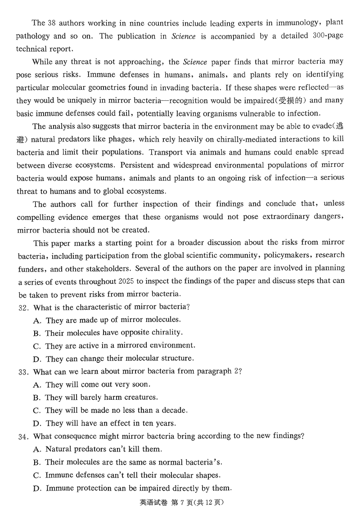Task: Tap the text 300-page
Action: (328, 36)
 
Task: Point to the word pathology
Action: (34, 36)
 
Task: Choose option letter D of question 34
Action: (37, 489)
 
